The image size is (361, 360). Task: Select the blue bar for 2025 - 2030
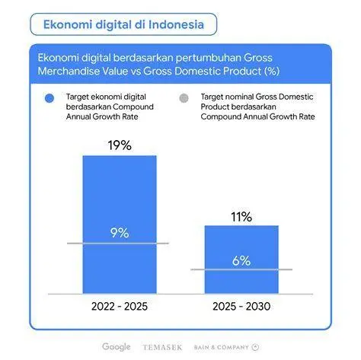click(241, 244)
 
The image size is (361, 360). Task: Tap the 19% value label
click(119, 143)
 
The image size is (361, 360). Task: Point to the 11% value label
click(241, 217)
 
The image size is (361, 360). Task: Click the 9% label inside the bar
click(119, 233)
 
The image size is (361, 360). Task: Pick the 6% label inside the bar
click(241, 260)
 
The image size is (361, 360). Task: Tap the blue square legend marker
click(50, 98)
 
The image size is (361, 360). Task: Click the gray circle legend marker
click(183, 98)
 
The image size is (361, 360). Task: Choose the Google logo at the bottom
click(117, 347)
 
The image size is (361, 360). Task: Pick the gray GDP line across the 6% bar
click(241, 269)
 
